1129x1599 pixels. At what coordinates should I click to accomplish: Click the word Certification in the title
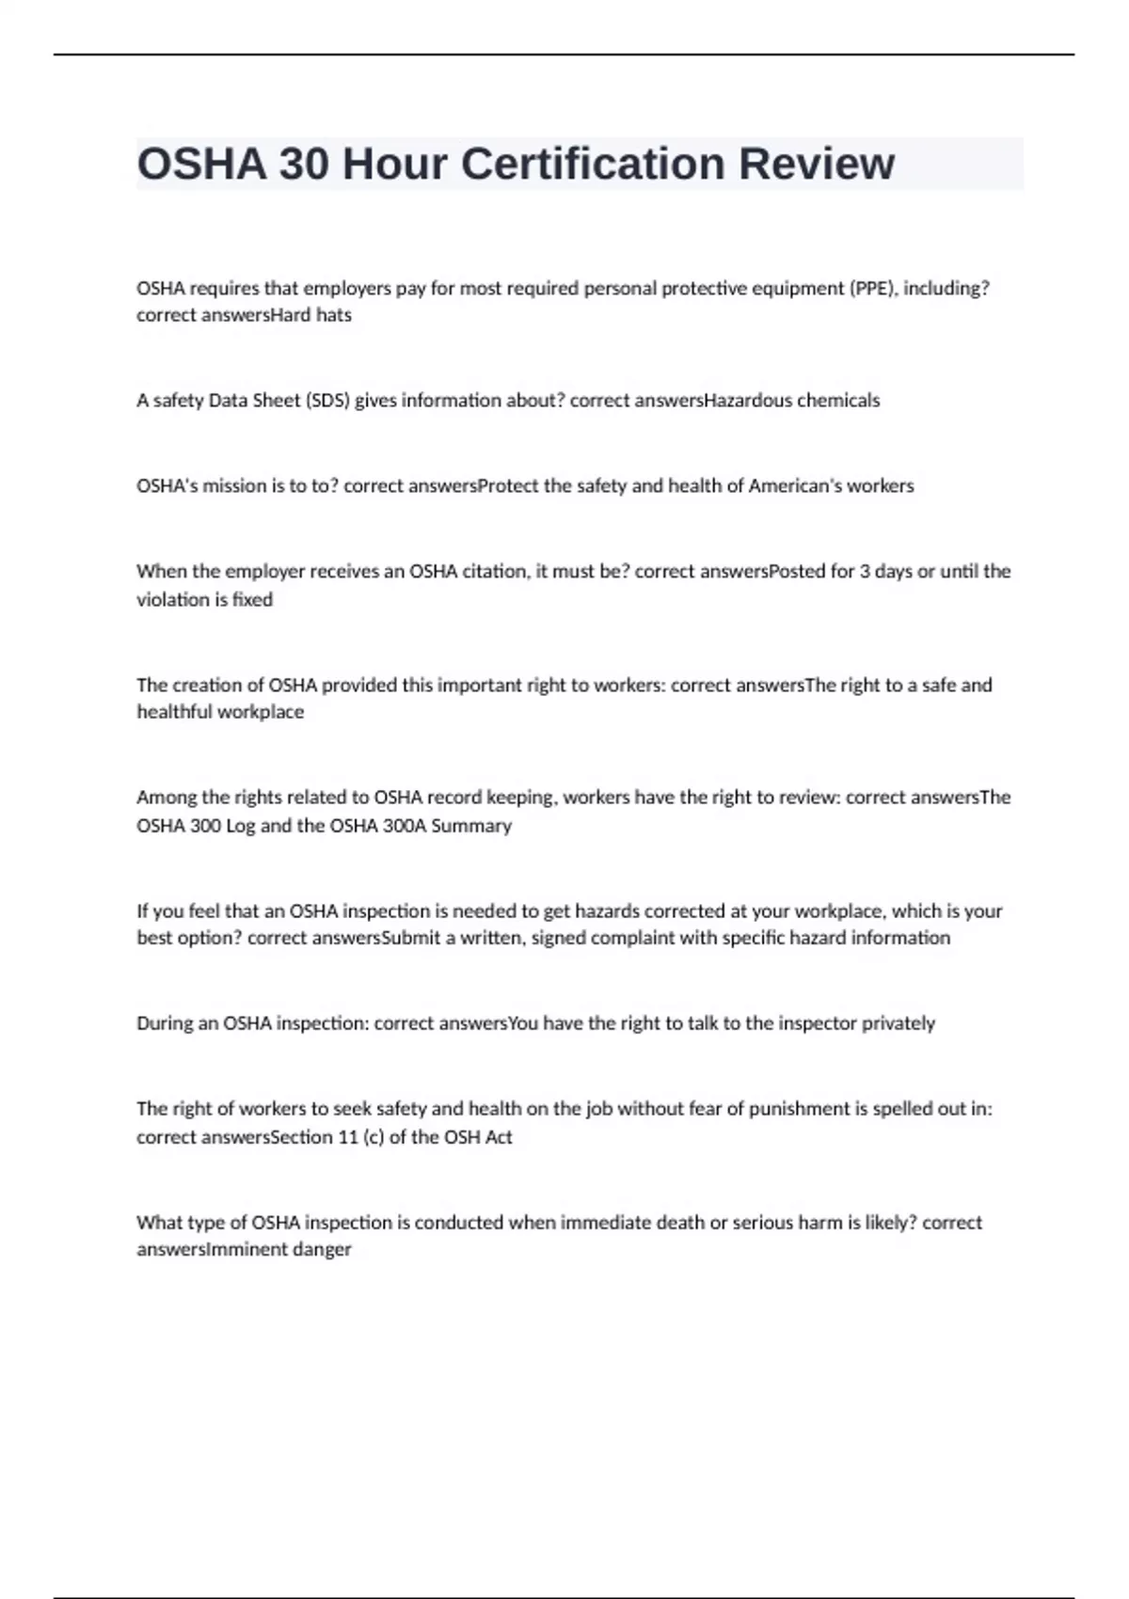pyautogui.click(x=592, y=165)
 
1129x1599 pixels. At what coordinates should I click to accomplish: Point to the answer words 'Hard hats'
pyautogui.click(x=310, y=315)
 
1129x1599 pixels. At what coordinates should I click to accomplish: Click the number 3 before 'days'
pyautogui.click(x=864, y=571)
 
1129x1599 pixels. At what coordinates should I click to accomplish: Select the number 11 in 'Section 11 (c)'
pyautogui.click(x=348, y=1137)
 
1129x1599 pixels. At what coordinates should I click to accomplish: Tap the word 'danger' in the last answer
pyautogui.click(x=325, y=1250)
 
